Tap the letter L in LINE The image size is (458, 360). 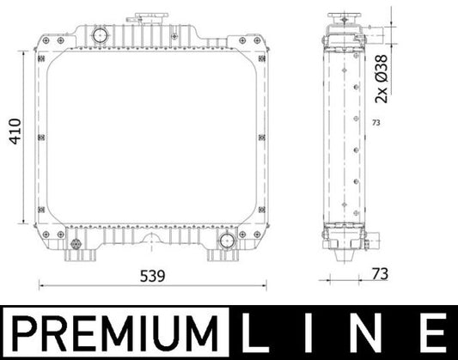[x=260, y=332]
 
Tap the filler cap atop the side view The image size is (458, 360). [x=345, y=19]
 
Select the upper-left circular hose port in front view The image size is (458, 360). [x=99, y=36]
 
